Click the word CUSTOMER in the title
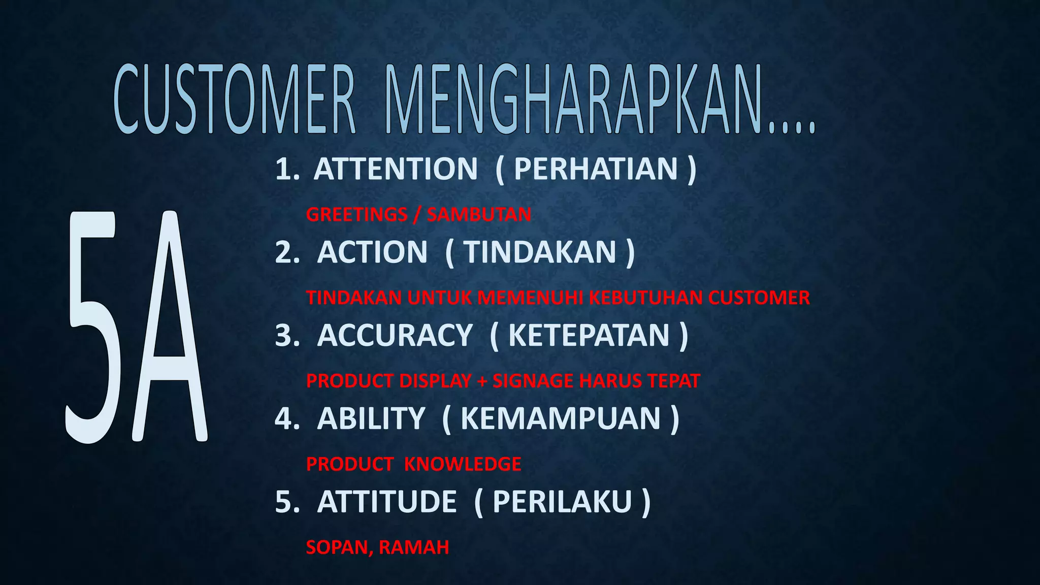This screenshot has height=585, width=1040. coord(234,100)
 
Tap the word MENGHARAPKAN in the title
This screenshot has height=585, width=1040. coord(574,100)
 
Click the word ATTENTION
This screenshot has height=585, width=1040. coord(396,169)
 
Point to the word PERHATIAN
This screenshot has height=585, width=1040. coord(596,169)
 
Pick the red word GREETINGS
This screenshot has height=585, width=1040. coord(356,214)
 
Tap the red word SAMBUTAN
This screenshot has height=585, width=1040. coord(479,214)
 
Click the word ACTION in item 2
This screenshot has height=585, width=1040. coord(372,252)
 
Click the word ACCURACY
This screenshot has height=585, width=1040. coord(395,335)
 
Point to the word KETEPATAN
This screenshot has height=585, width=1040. coord(589,335)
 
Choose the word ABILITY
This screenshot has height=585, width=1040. coord(371,418)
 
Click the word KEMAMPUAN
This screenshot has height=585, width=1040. coord(561,418)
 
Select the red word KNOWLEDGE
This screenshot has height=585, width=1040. coord(463,464)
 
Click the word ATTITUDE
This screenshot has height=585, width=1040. coord(386,502)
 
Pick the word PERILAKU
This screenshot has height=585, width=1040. coord(562,502)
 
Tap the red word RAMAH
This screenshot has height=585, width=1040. coord(414,547)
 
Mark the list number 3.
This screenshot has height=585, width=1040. coord(287,335)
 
